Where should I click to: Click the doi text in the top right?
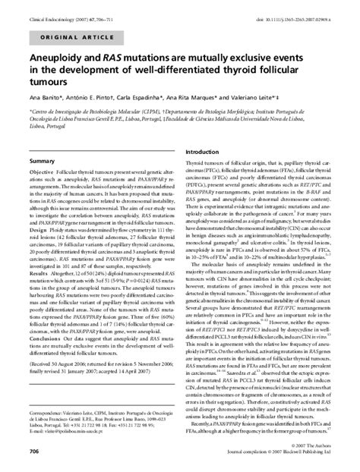[x=301, y=8]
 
